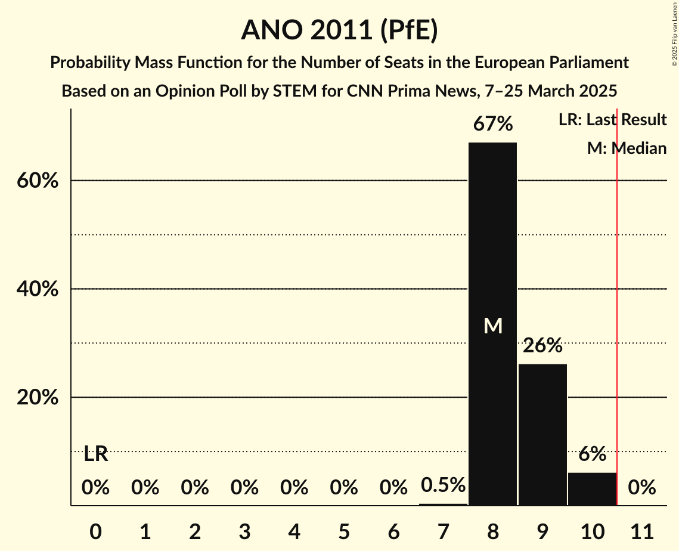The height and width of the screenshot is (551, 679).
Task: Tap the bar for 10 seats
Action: click(592, 488)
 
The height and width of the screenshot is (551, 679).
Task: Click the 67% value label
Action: click(492, 125)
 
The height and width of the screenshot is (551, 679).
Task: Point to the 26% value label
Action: click(542, 345)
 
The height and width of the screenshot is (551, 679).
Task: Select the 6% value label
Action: click(592, 454)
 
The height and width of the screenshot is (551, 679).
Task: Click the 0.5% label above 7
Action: click(443, 485)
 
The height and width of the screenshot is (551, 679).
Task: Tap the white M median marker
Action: click(493, 326)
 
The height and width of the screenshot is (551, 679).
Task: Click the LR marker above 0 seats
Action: click(95, 454)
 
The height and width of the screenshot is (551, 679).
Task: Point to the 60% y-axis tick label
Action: click(38, 181)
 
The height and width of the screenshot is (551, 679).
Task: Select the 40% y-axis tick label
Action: click(38, 289)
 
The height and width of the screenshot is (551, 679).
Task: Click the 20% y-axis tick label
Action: click(38, 398)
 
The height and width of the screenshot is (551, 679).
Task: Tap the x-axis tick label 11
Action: click(641, 529)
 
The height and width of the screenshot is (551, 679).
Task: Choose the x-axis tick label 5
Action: click(343, 529)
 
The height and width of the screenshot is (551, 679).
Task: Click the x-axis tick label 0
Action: click(95, 529)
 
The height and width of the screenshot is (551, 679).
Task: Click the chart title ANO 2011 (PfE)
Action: click(339, 30)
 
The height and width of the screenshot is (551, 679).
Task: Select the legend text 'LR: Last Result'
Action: click(612, 120)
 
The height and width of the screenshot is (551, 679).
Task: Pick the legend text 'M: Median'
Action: click(627, 148)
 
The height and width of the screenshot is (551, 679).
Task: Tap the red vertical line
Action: click(617, 298)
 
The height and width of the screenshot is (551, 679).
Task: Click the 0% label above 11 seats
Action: click(641, 488)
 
